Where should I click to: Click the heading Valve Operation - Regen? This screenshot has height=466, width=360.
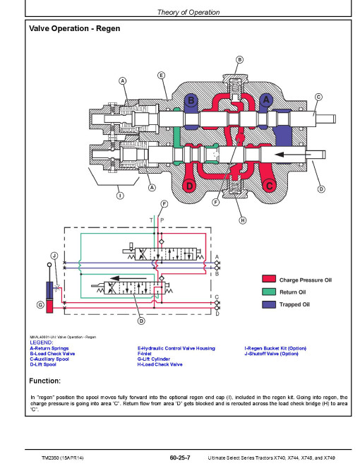(75, 28)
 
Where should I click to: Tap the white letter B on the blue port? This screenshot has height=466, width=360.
(191, 100)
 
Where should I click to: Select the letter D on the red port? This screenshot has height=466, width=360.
(189, 186)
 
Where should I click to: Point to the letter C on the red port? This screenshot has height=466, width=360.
(269, 186)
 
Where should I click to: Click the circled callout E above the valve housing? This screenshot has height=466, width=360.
(161, 76)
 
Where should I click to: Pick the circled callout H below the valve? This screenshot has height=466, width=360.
(243, 220)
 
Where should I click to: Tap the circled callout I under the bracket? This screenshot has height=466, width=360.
(120, 196)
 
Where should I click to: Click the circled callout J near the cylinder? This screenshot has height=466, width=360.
(54, 256)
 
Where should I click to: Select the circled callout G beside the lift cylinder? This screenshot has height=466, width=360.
(40, 304)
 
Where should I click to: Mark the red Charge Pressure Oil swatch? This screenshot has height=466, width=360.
(269, 279)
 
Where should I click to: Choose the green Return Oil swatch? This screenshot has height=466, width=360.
(269, 292)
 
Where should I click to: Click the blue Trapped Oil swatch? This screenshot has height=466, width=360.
(269, 304)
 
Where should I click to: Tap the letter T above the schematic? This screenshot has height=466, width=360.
(152, 220)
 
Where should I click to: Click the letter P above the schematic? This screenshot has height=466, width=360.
(162, 220)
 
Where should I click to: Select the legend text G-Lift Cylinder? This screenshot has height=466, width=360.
(154, 359)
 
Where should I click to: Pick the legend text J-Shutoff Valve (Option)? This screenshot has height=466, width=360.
(271, 354)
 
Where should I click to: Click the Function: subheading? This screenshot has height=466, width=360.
(45, 381)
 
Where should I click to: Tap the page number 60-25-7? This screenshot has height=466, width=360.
(180, 458)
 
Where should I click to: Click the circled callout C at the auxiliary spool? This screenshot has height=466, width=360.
(318, 97)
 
